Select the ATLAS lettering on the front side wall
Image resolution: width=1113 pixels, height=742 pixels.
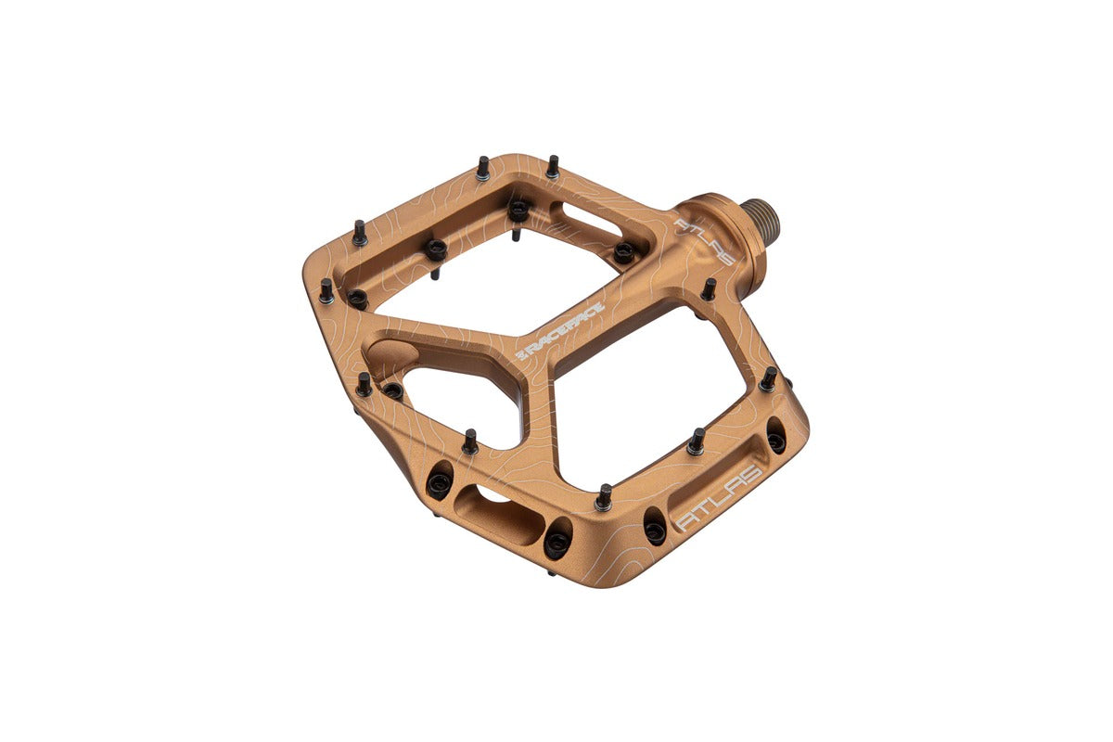coord(721,497)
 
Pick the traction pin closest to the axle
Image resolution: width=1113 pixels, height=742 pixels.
coord(709,289)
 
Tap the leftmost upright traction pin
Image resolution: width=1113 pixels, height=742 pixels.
coord(326,290)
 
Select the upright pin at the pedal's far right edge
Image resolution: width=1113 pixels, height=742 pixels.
coord(769,379)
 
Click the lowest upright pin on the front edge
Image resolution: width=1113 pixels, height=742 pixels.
coord(604,497)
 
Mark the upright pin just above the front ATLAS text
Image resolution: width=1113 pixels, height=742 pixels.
coord(697,441)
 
